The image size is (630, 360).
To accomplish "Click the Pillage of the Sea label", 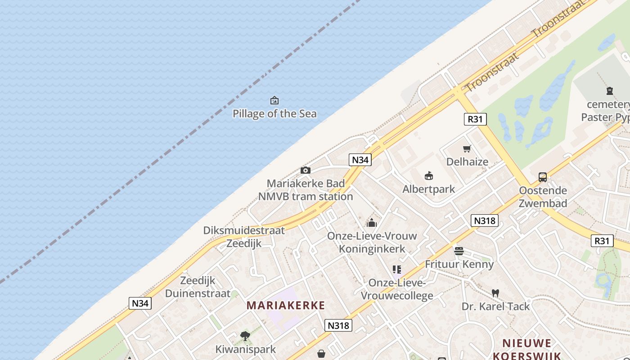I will [x=274, y=114].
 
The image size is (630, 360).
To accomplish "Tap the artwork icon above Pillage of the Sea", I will [x=274, y=100].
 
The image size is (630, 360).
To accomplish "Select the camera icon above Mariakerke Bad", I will [x=306, y=170].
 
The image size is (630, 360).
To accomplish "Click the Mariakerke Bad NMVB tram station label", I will [x=306, y=190].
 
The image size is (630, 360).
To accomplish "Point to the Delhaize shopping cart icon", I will [x=467, y=148].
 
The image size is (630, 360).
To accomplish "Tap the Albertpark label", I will [x=428, y=189].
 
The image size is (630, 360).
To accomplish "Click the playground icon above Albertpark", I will [x=429, y=176].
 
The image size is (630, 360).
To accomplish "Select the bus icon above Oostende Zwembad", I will [x=543, y=177].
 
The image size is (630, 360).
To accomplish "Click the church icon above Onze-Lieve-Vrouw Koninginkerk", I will [x=372, y=223].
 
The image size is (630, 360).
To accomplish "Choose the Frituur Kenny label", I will [x=459, y=264].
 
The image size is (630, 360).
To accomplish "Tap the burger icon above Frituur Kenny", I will [x=459, y=251].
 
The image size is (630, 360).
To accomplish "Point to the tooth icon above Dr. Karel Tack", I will [x=495, y=293].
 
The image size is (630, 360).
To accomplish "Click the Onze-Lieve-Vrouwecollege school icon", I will [x=396, y=270].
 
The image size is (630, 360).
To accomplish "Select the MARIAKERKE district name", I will [x=286, y=306].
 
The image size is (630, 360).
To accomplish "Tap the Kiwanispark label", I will [x=245, y=349].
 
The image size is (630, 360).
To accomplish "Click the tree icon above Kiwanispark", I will [x=245, y=336].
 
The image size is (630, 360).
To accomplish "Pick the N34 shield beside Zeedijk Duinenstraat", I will [x=140, y=303].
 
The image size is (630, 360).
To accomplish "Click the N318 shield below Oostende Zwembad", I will [x=485, y=220].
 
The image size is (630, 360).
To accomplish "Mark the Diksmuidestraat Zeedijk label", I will [x=244, y=237].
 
